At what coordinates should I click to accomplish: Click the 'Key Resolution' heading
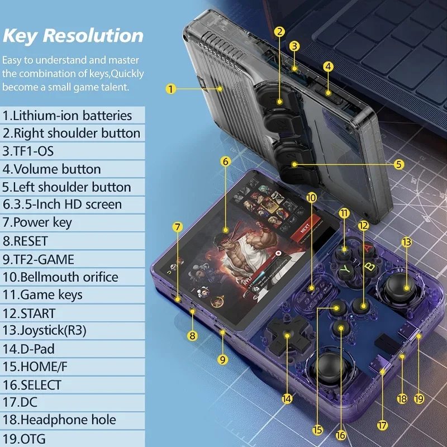click(73, 35)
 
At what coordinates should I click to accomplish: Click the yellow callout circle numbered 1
click(172, 88)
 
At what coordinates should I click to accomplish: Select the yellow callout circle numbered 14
click(287, 399)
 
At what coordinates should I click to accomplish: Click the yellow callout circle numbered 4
click(329, 66)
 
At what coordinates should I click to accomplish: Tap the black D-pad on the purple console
click(287, 336)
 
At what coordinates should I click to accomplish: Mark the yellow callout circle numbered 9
click(223, 360)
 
